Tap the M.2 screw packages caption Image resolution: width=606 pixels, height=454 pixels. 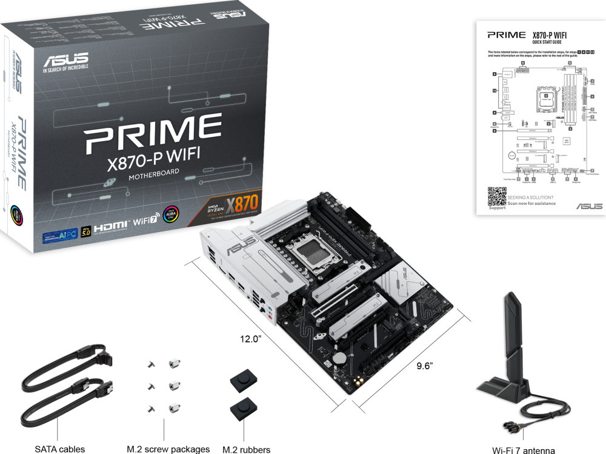tap(168, 449)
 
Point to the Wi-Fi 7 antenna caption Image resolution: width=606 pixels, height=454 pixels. tap(524, 450)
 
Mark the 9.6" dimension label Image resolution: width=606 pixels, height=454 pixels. tap(425, 366)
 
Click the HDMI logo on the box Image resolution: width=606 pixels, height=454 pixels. tap(117, 224)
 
